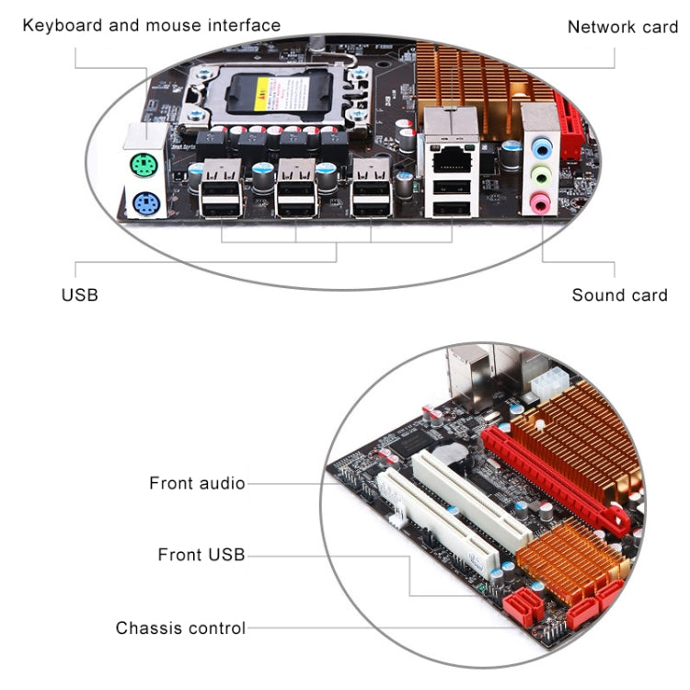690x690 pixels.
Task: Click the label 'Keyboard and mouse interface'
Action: tap(151, 25)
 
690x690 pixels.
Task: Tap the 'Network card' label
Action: tap(622, 27)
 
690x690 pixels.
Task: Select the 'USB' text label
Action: tap(79, 295)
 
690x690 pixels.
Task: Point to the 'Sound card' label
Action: tap(619, 295)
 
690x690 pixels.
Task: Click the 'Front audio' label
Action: tap(197, 483)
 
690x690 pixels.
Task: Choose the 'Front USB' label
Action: tap(201, 555)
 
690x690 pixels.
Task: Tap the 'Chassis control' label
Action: tap(180, 628)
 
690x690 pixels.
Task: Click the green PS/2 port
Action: tap(141, 167)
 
